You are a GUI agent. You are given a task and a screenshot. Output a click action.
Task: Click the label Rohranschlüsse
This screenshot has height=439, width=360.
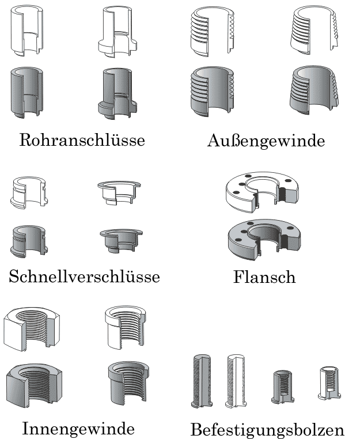82,139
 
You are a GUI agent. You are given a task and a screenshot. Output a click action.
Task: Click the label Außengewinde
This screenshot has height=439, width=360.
266,141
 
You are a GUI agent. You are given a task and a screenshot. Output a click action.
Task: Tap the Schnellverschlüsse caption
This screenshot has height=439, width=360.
84,277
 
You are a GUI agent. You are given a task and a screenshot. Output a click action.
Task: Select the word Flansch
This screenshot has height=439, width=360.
264,277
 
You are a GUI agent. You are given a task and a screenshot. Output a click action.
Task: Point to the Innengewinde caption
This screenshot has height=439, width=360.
78,429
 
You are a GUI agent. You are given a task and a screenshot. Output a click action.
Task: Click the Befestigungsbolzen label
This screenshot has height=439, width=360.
267,430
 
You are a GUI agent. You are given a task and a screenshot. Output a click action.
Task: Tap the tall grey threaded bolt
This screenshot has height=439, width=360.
202,381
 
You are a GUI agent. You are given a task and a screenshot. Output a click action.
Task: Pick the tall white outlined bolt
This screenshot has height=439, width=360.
236,381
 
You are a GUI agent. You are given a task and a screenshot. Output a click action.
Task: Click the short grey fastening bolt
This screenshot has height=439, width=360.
282,387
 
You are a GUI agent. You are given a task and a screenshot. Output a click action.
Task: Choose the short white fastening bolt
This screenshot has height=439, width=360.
329,383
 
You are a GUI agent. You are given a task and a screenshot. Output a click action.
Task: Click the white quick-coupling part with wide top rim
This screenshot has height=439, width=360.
119,193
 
